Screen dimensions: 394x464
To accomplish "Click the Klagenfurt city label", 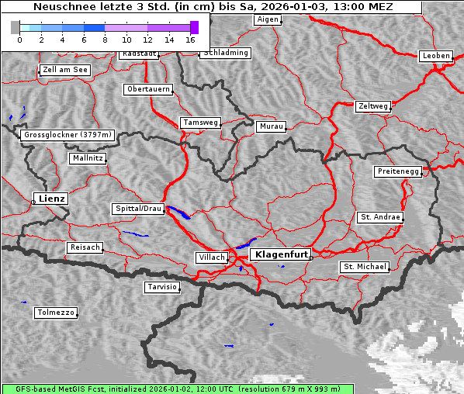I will (x=282, y=254).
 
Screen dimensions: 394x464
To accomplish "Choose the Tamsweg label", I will (x=201, y=123).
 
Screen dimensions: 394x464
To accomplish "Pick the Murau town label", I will (x=272, y=126).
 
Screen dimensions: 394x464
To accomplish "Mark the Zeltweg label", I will (x=372, y=105).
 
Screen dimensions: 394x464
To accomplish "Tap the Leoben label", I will (x=435, y=56).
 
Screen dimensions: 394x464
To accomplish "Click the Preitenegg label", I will (x=399, y=171).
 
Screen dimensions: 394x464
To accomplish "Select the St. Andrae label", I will (x=380, y=217).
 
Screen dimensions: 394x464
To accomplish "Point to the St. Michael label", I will (x=365, y=267).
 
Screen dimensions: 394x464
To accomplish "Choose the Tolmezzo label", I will (x=56, y=313).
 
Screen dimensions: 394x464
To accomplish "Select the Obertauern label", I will (x=148, y=89).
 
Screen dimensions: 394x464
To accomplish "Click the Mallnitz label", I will (x=87, y=158).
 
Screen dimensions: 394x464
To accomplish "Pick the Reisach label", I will (x=85, y=247).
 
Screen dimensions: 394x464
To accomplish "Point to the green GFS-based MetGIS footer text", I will (x=177, y=389).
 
